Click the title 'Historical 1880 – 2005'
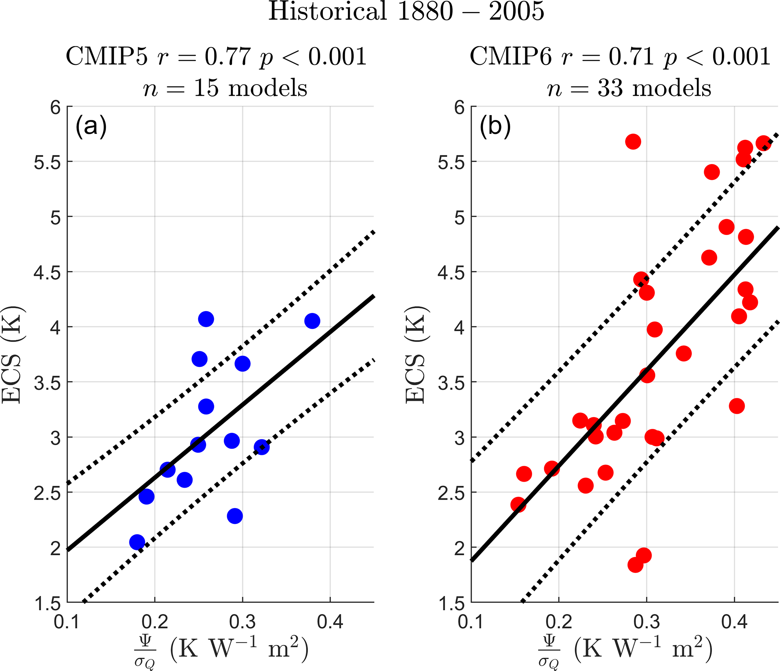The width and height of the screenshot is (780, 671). (x=406, y=11)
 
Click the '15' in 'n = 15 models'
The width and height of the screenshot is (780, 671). (x=206, y=88)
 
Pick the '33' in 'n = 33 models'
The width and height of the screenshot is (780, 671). (x=610, y=88)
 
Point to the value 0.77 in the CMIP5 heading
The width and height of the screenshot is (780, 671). (x=228, y=57)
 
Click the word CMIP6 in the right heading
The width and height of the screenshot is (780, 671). (x=510, y=57)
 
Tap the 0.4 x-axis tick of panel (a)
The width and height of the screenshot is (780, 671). (x=330, y=622)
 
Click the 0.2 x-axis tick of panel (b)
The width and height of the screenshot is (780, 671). (x=559, y=622)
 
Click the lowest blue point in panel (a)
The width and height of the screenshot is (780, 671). (x=137, y=542)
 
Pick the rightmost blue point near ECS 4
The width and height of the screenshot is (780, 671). (x=312, y=321)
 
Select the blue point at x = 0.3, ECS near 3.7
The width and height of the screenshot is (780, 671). (x=242, y=364)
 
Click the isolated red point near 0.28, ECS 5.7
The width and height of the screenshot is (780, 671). (x=633, y=142)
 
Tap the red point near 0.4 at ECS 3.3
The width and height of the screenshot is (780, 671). (x=737, y=406)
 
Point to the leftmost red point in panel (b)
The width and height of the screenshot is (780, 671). (x=518, y=505)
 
